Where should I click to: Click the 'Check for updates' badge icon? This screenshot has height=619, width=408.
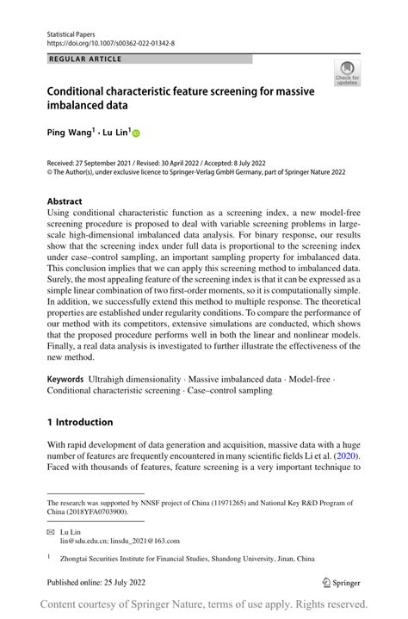pyautogui.click(x=347, y=72)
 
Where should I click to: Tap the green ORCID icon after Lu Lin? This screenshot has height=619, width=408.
pyautogui.click(x=135, y=133)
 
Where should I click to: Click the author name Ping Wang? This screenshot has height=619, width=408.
pyautogui.click(x=71, y=133)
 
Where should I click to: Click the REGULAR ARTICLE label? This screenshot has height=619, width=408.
pyautogui.click(x=86, y=59)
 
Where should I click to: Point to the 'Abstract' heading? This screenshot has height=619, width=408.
pyautogui.click(x=65, y=201)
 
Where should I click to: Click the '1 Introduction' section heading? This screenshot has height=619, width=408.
pyautogui.click(x=80, y=422)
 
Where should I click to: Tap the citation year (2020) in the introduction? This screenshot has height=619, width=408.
pyautogui.click(x=343, y=455)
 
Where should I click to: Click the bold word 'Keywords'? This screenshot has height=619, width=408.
pyautogui.click(x=65, y=379)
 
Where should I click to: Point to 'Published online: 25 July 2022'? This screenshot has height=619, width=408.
pyautogui.click(x=98, y=582)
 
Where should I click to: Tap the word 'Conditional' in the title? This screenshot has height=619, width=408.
pyautogui.click(x=79, y=90)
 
